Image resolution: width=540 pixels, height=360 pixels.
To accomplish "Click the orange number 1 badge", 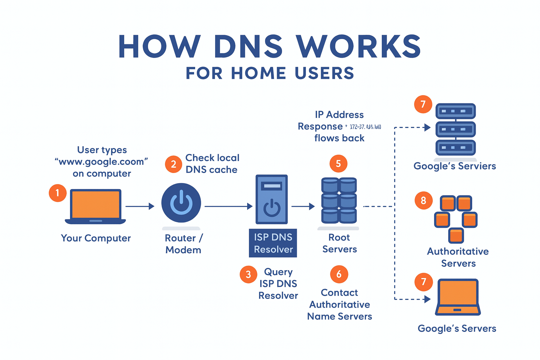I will point(58,193).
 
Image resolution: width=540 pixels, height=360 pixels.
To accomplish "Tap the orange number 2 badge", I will point(173,164).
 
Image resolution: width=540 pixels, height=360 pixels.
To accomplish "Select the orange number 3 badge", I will point(248,274).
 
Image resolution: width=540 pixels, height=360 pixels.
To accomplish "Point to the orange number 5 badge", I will point(338,163).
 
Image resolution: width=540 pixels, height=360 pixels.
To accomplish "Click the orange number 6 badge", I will point(339,274).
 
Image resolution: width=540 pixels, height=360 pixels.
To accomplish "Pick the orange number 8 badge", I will point(423,200).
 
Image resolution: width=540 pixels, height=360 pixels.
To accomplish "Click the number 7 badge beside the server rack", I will point(423,104).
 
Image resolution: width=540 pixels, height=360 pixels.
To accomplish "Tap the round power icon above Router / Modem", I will point(181,203).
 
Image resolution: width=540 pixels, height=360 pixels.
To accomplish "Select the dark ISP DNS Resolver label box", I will point(273,243).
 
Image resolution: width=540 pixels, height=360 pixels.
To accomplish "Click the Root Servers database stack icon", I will point(339,200).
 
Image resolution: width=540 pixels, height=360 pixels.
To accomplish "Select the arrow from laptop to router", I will point(140,206).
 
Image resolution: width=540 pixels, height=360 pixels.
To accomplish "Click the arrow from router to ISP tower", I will point(229,206).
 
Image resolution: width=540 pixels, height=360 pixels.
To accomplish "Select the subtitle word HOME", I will point(258,73).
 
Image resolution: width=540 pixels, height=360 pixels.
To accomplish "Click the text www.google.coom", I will point(102,162).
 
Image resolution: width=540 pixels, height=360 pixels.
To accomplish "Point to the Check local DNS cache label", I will point(212,163).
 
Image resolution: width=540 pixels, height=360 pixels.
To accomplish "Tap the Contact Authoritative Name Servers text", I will point(340,304).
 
